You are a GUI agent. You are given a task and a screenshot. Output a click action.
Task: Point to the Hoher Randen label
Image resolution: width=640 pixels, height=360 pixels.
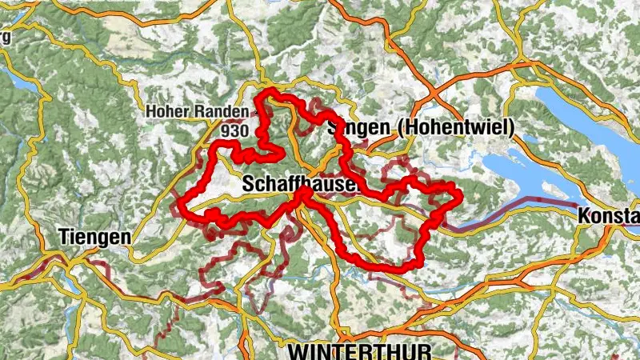click(188, 113)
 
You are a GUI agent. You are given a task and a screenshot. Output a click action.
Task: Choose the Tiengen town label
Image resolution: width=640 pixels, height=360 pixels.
click(94, 238)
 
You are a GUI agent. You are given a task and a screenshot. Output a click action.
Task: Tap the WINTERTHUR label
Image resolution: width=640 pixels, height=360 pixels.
click(359, 351)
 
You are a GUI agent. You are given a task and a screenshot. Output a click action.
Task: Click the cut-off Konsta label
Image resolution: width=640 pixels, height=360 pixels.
click(608, 216)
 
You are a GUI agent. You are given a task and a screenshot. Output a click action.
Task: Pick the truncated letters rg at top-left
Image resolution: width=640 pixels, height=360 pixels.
click(6, 38)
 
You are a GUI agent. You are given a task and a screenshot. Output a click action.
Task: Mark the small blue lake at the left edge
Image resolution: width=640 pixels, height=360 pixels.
click(18, 79)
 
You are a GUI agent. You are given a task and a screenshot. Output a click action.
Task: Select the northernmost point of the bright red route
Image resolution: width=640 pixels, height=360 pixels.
click(272, 94)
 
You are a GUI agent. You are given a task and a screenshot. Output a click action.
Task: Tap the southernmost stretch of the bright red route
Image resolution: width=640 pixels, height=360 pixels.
click(392, 268)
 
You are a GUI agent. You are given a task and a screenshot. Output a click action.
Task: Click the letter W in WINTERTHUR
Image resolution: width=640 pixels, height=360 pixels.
click(298, 351)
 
